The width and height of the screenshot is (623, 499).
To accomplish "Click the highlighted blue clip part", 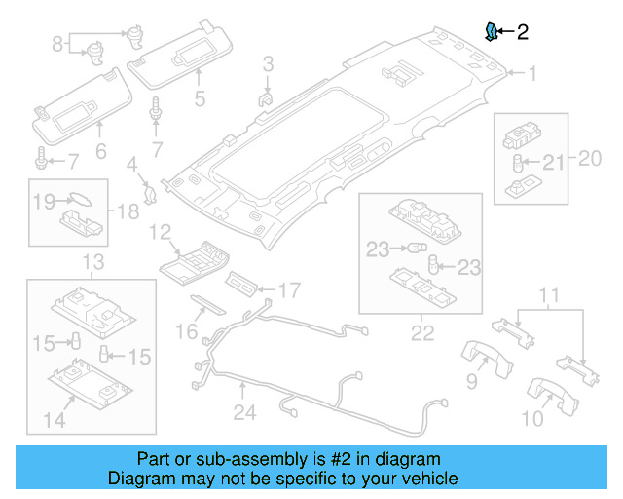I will [493, 31].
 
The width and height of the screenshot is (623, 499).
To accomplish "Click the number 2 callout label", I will [523, 32].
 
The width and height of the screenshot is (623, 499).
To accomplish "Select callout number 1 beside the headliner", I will [533, 72].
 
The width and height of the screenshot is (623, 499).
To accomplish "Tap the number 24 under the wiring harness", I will [244, 413].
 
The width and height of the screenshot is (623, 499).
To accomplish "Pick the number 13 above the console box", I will [92, 262].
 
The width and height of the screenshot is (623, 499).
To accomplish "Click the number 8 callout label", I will [57, 43].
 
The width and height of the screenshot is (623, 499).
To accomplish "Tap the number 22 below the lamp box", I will [421, 334].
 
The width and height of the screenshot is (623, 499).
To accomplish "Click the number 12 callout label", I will [160, 232].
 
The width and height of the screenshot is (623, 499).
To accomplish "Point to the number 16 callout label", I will [186, 332].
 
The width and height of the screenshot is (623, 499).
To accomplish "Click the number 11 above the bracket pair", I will [550, 295].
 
